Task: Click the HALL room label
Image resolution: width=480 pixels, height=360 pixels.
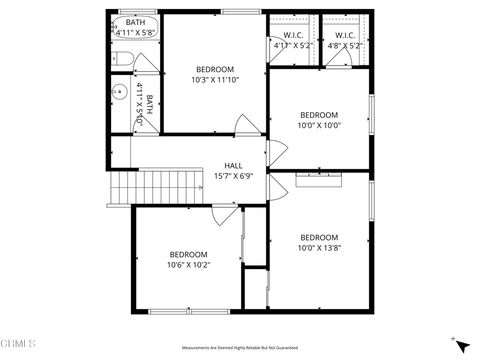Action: (233, 166)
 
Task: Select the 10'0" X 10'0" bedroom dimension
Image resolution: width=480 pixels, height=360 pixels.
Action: (319, 125)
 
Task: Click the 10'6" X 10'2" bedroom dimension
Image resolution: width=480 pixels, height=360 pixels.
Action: (188, 265)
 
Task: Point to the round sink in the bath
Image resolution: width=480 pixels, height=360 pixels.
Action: (115, 97)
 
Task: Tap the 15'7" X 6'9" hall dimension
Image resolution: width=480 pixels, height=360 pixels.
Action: (233, 176)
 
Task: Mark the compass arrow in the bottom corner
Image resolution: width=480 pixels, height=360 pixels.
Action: (461, 346)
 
